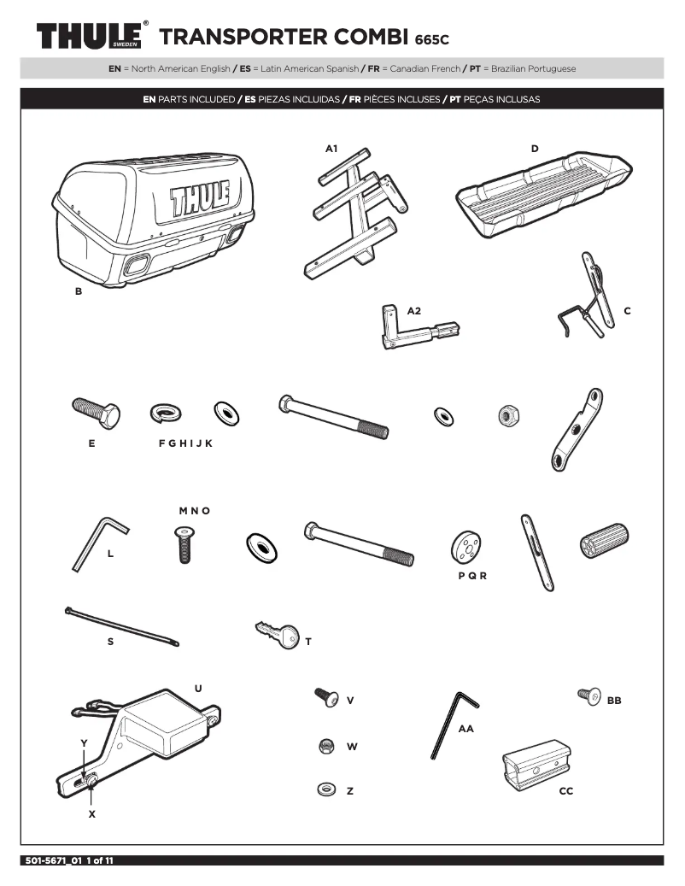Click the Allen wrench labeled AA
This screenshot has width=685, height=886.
coord(453,723)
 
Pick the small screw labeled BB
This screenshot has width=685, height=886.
coord(588,695)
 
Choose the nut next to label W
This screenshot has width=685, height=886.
coord(325,746)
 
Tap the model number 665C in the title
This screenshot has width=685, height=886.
coord(431,39)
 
